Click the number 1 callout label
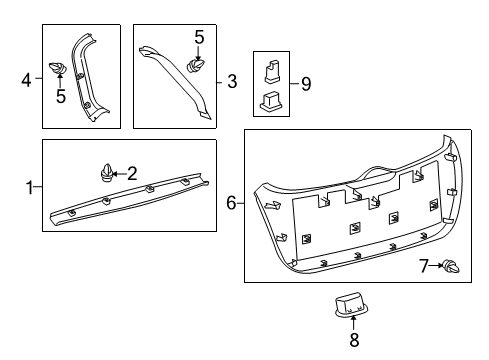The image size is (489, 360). pyautogui.click(x=29, y=187)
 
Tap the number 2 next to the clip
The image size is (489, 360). pyautogui.click(x=131, y=172)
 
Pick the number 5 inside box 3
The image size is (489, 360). pyautogui.click(x=199, y=38)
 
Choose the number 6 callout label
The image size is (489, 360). pyautogui.click(x=230, y=204)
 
